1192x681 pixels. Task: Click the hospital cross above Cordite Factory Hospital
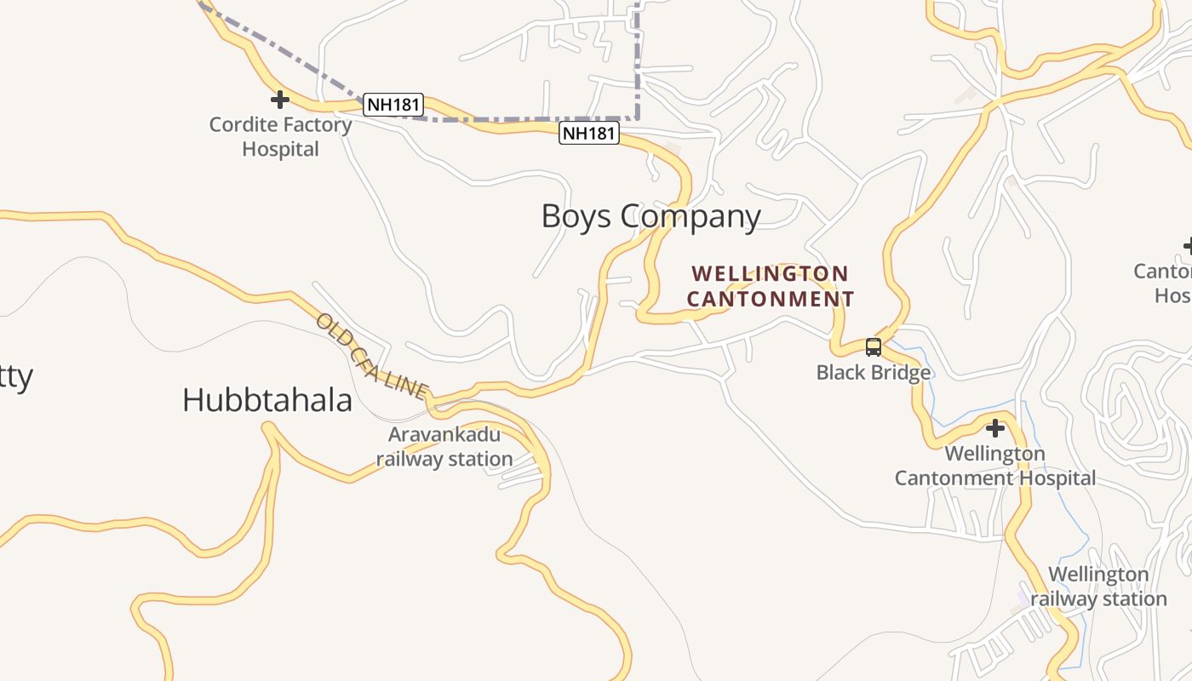tap(279, 100)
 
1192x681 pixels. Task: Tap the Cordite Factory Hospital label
tap(280, 136)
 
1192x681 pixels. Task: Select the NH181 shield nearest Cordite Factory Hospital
tap(393, 105)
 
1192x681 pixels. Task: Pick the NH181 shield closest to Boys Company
tap(588, 133)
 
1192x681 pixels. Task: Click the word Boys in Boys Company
tap(576, 216)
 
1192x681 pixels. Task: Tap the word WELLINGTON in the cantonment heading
tap(770, 274)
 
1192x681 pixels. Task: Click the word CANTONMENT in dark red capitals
tap(770, 299)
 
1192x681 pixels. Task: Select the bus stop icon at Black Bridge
tap(873, 346)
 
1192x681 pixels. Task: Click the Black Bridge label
tap(873, 372)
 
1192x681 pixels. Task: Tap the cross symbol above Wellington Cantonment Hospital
tap(994, 427)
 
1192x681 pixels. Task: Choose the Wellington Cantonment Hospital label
tap(994, 466)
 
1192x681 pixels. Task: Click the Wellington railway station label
tap(1098, 587)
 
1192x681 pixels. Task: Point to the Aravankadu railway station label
tap(444, 447)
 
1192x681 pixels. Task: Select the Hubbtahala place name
tap(267, 400)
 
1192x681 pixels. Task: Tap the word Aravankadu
tap(444, 435)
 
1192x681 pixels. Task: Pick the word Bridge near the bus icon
tap(903, 372)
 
